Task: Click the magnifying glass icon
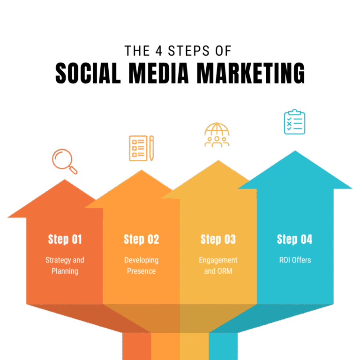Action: (64, 161)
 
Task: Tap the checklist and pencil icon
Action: (141, 148)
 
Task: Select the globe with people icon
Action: (217, 135)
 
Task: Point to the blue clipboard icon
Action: (294, 122)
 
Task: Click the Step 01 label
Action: (65, 240)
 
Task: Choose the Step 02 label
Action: (141, 240)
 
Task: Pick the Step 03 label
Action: (218, 240)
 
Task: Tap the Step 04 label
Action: (294, 240)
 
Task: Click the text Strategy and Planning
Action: (65, 265)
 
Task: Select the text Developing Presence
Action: (141, 265)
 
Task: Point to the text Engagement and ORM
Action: (218, 265)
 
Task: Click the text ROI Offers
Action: (294, 260)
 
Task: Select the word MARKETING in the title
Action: (251, 74)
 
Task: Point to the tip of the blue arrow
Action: (295, 151)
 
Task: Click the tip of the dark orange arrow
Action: (65, 180)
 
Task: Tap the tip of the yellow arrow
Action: (218, 161)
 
